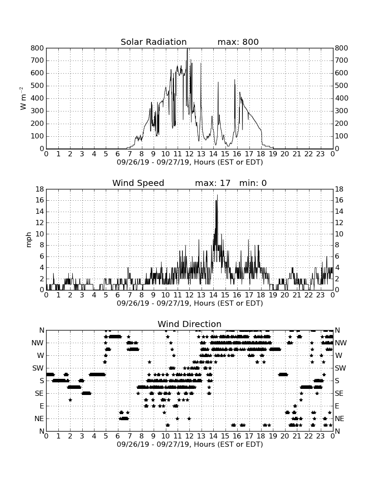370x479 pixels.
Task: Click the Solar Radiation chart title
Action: point(154,42)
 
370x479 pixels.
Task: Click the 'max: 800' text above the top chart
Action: point(238,42)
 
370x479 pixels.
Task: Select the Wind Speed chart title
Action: point(138,183)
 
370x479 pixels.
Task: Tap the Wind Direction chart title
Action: point(189,324)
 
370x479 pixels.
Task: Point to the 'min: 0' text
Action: point(253,183)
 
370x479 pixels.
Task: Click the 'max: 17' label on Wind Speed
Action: point(213,183)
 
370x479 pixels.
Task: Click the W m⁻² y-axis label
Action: point(23,98)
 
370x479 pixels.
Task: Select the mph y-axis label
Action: point(29,240)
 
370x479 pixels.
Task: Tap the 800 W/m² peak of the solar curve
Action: point(187,49)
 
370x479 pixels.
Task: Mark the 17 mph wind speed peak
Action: point(217,195)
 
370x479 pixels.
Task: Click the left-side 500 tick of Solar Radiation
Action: point(37,85)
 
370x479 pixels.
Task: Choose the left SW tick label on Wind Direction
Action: point(38,368)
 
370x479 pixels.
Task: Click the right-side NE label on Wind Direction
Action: point(340,418)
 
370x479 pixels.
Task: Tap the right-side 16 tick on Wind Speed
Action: point(339,200)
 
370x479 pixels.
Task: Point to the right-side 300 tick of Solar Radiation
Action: point(342,111)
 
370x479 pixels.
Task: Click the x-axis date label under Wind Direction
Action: point(190,444)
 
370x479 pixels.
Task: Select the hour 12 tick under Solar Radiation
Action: point(189,154)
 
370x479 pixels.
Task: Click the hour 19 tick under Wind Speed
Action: point(273,295)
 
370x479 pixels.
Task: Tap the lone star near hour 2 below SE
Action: point(70,400)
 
